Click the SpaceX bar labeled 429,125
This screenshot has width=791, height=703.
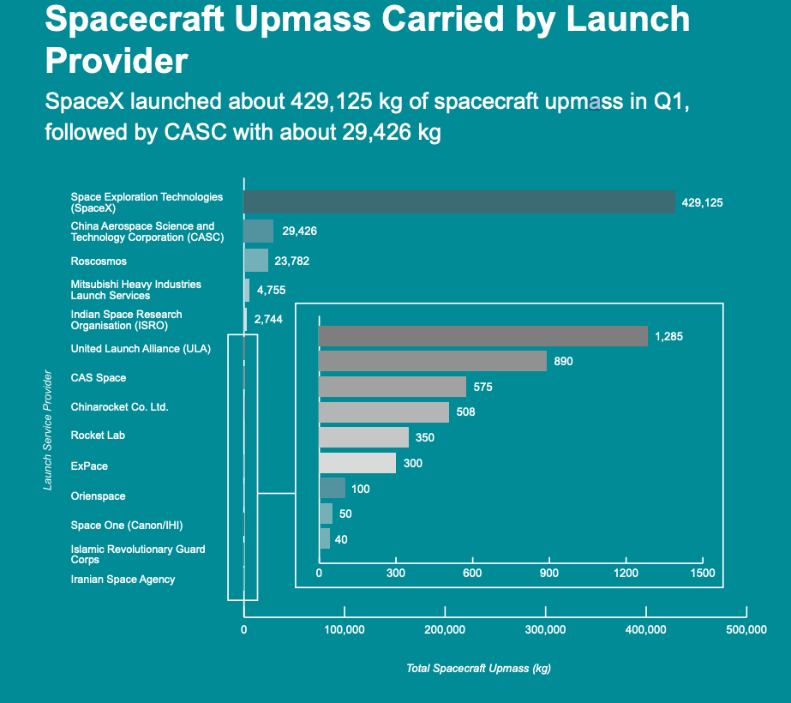click(x=458, y=202)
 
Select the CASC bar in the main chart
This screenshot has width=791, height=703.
click(x=258, y=231)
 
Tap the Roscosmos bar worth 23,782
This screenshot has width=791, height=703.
click(x=255, y=261)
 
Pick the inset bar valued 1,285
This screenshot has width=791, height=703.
click(x=482, y=336)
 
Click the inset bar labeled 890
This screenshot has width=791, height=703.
click(x=432, y=362)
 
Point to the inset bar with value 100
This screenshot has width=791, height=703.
click(x=332, y=489)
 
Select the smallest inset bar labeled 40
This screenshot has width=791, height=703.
click(x=324, y=539)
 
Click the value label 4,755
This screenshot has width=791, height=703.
click(x=271, y=290)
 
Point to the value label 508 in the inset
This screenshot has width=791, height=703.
click(x=465, y=412)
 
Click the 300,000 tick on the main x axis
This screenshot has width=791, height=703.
click(x=545, y=630)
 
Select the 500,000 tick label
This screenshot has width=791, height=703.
click(x=746, y=630)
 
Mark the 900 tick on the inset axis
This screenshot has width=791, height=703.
click(x=549, y=573)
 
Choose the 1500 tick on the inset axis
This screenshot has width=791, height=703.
click(x=702, y=573)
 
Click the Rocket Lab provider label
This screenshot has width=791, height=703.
click(x=98, y=436)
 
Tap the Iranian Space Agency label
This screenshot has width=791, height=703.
click(x=123, y=580)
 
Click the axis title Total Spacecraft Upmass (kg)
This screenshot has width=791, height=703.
click(x=478, y=669)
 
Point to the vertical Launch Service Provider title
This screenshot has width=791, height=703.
click(x=49, y=430)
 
